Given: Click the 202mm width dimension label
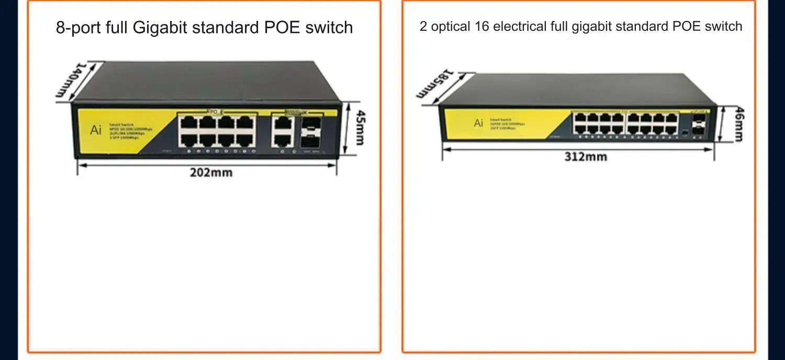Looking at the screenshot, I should [x=211, y=172].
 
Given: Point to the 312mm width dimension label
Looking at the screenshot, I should [x=586, y=156].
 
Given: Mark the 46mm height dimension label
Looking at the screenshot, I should [x=738, y=124].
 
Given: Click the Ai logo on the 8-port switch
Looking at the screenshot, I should [x=96, y=130].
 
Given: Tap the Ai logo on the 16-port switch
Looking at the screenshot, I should [x=478, y=123].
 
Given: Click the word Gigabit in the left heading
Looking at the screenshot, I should [x=160, y=27].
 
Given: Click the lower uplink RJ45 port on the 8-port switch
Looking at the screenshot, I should [x=283, y=140].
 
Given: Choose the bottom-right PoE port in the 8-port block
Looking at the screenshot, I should [x=244, y=140].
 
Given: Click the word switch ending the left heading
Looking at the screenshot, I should [x=329, y=27].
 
